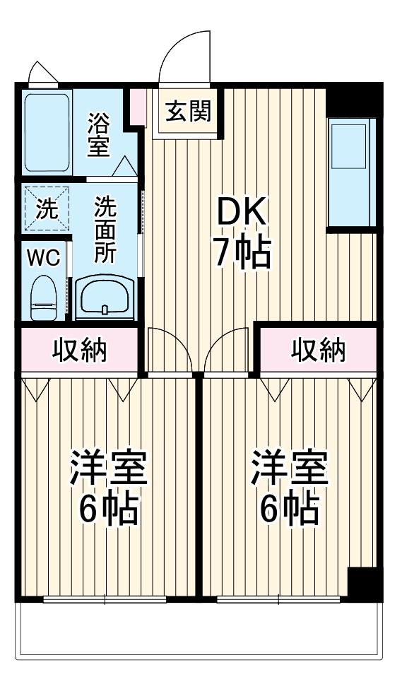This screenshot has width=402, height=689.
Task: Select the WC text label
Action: point(43,257)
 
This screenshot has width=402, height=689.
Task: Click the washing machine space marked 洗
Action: point(45,209)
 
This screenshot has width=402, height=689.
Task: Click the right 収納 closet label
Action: point(319,349)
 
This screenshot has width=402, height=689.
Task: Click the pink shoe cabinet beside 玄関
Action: point(138,102)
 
